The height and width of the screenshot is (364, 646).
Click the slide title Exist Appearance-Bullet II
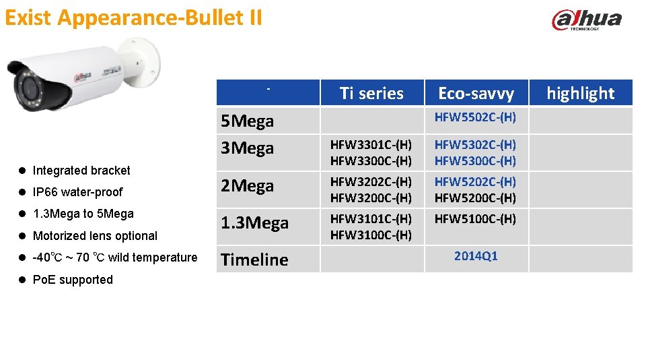pyautogui.click(x=133, y=18)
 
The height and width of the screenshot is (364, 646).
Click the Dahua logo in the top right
pyautogui.click(x=586, y=20)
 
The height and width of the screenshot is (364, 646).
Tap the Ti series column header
pyautogui.click(x=371, y=93)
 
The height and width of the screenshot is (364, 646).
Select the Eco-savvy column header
pyautogui.click(x=476, y=93)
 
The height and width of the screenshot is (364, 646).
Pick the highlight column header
pyautogui.click(x=580, y=93)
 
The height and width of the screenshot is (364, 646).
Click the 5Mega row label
pyautogui.click(x=248, y=121)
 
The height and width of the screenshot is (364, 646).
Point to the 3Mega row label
pyautogui.click(x=248, y=148)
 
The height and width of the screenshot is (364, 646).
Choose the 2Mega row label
pyautogui.click(x=248, y=186)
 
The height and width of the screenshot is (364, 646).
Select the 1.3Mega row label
pyautogui.click(x=255, y=223)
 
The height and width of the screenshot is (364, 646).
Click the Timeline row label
pyautogui.click(x=254, y=260)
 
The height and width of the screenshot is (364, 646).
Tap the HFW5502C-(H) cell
pyautogui.click(x=475, y=117)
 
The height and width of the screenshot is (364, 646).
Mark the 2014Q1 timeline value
pyautogui.click(x=476, y=256)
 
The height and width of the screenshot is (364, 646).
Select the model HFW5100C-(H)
pyautogui.click(x=475, y=219)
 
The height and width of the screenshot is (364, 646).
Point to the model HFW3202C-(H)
pyautogui.click(x=371, y=182)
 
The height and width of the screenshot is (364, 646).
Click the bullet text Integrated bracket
pyautogui.click(x=81, y=171)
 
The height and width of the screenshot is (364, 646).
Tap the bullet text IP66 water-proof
pyautogui.click(x=77, y=192)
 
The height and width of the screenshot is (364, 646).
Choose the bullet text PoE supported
pyautogui.click(x=73, y=280)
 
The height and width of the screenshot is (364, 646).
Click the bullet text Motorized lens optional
pyautogui.click(x=95, y=236)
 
